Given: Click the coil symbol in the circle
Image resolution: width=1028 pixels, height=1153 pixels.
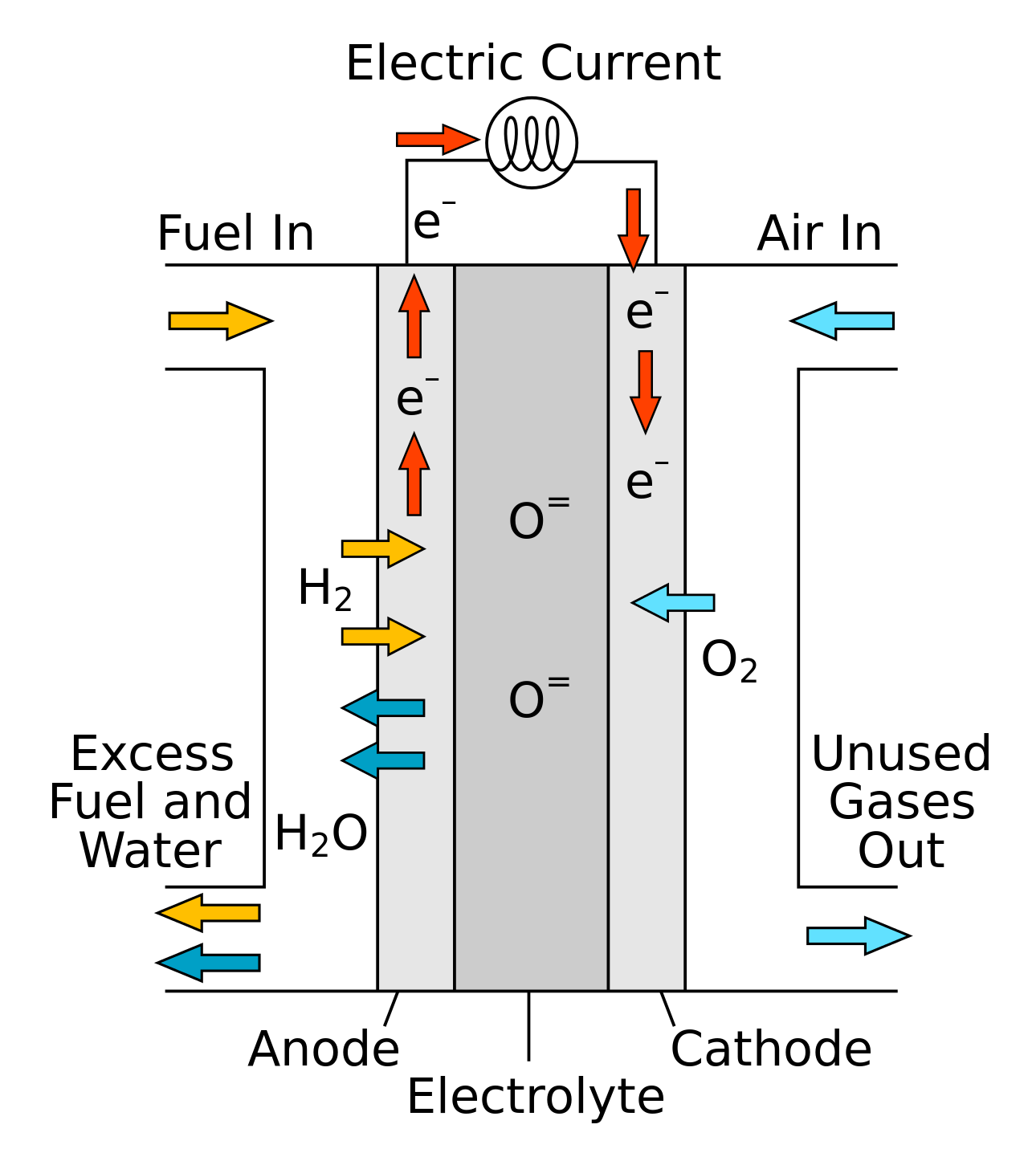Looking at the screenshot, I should click(x=532, y=143).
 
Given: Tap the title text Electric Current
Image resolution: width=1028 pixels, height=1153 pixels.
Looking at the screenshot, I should click(x=532, y=64).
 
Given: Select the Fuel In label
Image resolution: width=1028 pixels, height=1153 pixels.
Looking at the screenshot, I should click(x=235, y=234).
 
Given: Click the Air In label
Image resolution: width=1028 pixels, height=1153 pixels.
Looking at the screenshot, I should click(x=819, y=234).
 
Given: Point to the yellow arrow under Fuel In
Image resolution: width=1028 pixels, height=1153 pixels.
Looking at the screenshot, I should click(x=220, y=321).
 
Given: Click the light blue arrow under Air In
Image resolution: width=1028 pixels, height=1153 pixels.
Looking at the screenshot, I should click(x=842, y=321).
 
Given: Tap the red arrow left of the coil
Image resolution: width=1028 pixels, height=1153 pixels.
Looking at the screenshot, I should click(x=437, y=140).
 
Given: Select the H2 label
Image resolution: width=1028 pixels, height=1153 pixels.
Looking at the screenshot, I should click(x=324, y=589).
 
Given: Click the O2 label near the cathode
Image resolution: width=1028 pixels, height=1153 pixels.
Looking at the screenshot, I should click(x=728, y=662).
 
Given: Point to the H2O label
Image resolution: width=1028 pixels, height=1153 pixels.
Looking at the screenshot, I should click(x=320, y=833).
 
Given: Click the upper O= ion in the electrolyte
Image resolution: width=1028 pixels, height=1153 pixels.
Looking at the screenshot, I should click(x=538, y=519).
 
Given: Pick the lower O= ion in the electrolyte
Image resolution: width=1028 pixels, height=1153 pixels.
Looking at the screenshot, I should click(x=538, y=699).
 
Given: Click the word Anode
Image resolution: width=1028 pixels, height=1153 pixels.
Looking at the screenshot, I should click(x=324, y=1049).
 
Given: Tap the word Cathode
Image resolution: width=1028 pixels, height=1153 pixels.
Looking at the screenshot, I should click(x=771, y=1049).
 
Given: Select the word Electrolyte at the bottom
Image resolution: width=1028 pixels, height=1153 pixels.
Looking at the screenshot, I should click(x=536, y=1098).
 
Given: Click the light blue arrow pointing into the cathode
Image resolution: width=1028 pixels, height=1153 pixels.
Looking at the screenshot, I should click(x=673, y=602).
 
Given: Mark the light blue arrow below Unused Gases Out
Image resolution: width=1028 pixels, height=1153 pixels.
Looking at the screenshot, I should click(x=858, y=935).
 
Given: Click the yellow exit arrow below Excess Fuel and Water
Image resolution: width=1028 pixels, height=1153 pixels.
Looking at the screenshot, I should click(x=208, y=913).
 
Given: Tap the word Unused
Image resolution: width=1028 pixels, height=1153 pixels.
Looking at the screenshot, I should click(x=901, y=754).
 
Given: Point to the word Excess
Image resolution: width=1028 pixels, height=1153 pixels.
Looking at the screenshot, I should click(x=152, y=754).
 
